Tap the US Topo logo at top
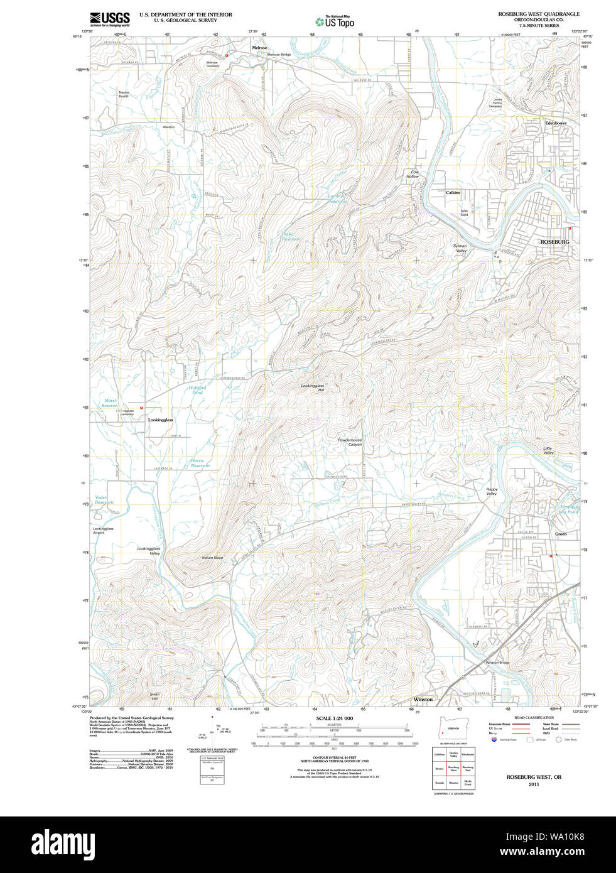tap(335, 21)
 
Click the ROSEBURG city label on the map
tap(554, 242)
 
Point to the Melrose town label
tap(259, 48)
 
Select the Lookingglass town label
tap(160, 420)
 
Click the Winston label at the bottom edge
tap(423, 699)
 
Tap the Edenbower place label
tap(556, 123)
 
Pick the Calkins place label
tap(453, 193)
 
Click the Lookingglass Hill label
tap(313, 388)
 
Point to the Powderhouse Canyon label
tap(350, 442)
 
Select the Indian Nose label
tap(212, 558)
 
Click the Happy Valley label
tap(492, 492)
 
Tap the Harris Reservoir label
tap(200, 463)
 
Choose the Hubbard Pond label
tap(197, 390)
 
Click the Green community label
tap(560, 534)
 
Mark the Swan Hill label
tap(154, 697)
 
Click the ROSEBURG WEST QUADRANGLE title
tap(539, 14)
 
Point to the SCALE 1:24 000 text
tap(334, 718)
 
